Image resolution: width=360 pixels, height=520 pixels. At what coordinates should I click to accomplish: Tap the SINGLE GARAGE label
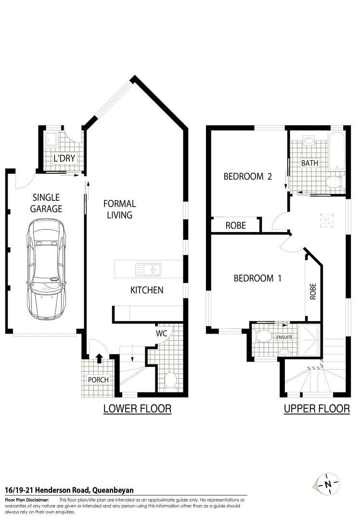coord(46,203)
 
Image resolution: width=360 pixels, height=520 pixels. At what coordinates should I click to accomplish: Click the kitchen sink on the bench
coord(148,269)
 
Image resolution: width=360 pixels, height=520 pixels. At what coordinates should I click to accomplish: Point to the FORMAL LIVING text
coord(120,209)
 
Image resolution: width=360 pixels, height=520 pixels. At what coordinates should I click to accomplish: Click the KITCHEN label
coord(147,290)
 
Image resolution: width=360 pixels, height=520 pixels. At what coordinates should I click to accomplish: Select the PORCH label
coord(98,379)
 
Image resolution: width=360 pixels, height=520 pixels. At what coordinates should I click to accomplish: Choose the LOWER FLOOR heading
coord(138,409)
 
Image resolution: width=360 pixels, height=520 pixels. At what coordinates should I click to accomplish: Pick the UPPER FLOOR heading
coord(317,409)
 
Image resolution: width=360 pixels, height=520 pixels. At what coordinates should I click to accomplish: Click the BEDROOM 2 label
coord(247,176)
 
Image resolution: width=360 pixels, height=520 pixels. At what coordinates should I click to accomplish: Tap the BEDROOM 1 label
coord(257,278)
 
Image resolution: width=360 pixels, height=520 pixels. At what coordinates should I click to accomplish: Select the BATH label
coord(309,163)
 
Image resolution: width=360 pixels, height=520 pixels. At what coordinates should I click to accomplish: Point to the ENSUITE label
coord(283,338)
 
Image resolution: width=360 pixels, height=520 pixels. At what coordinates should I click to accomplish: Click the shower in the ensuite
coord(309,340)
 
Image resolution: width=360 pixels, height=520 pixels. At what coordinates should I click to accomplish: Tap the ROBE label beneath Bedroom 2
coord(235,225)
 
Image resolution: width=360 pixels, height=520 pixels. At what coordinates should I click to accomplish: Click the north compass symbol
coord(327,483)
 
